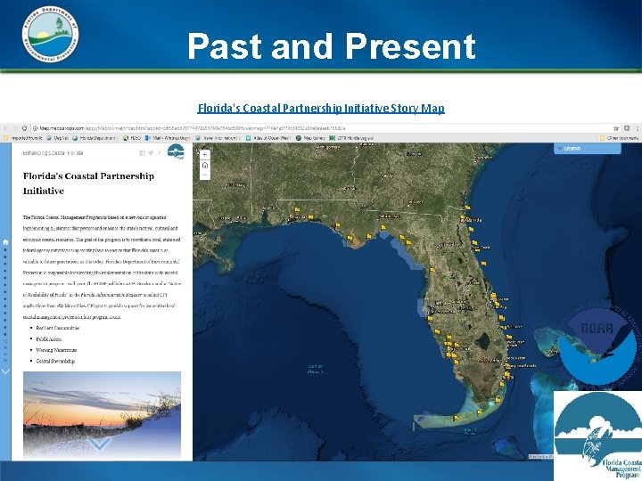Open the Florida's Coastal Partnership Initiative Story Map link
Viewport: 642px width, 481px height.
321,108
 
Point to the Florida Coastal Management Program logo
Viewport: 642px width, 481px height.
597,436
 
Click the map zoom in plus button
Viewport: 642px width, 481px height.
204,154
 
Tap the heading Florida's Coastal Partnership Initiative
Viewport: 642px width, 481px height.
88,183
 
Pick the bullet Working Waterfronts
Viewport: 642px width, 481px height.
62,351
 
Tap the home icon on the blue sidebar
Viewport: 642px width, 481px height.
6,241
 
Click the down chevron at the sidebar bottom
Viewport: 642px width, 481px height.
6,371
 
